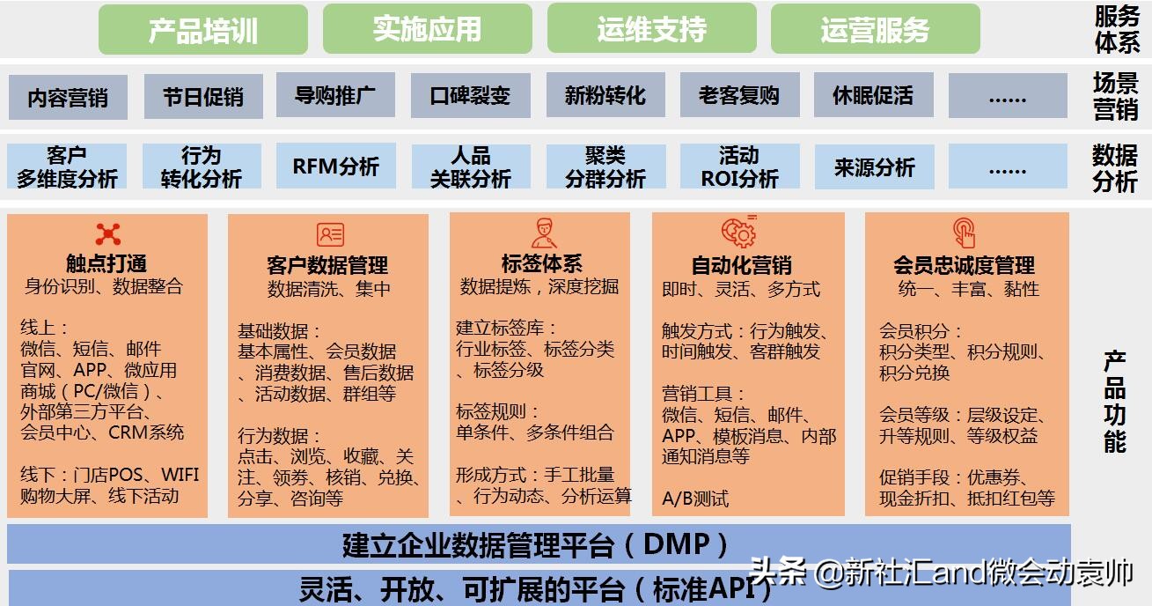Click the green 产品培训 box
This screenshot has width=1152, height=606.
pyautogui.click(x=203, y=30)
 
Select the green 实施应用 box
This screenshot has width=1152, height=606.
pyautogui.click(x=428, y=29)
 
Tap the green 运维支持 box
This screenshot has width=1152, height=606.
pyautogui.click(x=651, y=29)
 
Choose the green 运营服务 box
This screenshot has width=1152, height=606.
pyautogui.click(x=875, y=29)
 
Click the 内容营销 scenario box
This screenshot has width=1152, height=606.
pyautogui.click(x=68, y=97)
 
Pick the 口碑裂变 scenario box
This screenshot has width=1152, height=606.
pyautogui.click(x=470, y=95)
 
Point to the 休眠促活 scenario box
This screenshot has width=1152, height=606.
pyautogui.click(x=873, y=95)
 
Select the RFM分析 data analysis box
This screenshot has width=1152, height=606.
pyautogui.click(x=335, y=166)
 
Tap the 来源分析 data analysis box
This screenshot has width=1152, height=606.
pyautogui.click(x=874, y=166)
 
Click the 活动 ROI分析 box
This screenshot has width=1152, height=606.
pyautogui.click(x=739, y=166)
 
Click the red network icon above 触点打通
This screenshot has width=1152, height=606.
pyautogui.click(x=107, y=233)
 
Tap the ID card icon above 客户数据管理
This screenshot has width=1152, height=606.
pyautogui.click(x=330, y=234)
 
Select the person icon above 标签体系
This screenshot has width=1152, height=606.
pyautogui.click(x=543, y=233)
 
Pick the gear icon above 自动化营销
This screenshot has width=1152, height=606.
pyautogui.click(x=738, y=232)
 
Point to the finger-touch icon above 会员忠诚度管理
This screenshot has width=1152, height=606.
pyautogui.click(x=965, y=233)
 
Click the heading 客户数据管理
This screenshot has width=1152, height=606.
pyautogui.click(x=327, y=264)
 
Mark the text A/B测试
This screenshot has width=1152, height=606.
pyautogui.click(x=695, y=499)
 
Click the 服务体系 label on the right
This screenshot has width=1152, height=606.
pyautogui.click(x=1117, y=28)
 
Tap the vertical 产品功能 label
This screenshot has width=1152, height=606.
pyautogui.click(x=1115, y=401)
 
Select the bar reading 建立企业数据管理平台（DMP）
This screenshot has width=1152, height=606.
pyautogui.click(x=538, y=544)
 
